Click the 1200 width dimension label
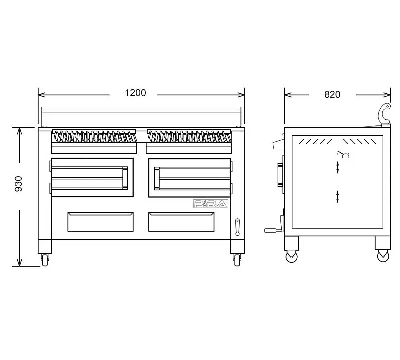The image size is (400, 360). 136,93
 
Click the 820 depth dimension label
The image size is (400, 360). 332,95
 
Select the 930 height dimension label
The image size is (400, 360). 19,184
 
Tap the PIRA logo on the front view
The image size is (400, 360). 211,204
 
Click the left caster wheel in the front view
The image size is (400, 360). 45,259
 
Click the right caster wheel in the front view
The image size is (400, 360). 237,259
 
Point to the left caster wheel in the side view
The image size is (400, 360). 291,256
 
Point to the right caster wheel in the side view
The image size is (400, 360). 383,256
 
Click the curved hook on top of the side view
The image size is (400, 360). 386,114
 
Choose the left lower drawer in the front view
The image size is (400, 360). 100,222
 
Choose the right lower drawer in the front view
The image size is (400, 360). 181,222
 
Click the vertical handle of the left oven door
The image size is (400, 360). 125,178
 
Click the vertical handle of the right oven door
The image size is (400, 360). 157,178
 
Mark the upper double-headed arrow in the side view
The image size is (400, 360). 338,167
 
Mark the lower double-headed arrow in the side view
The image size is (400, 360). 338,196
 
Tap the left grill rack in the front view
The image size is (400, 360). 94,136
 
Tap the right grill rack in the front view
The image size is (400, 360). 189,136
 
